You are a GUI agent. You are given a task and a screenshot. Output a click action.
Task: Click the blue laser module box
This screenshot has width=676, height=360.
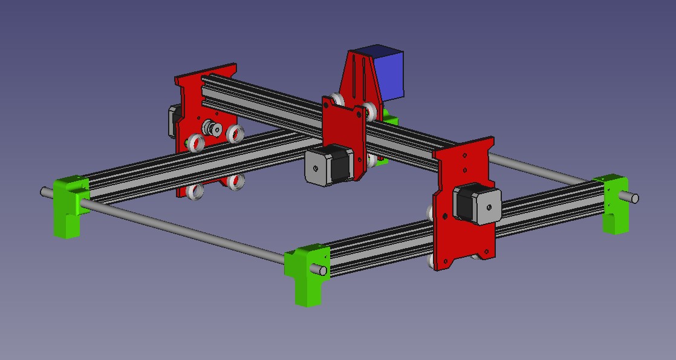coord(387,74)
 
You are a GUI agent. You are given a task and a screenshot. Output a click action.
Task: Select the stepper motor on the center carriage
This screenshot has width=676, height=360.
coord(330,165)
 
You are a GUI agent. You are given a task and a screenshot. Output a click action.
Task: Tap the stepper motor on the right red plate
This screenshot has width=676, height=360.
coord(478,205)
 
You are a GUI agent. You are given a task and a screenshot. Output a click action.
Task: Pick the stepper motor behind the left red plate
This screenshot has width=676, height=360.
coord(172,120)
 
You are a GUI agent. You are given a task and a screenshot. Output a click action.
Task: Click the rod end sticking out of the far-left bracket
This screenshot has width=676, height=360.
coord(45,192)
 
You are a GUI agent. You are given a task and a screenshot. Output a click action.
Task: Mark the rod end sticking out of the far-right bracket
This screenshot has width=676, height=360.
coord(634,197)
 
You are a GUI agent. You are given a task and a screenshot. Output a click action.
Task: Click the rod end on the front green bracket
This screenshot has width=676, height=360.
coord(323,270)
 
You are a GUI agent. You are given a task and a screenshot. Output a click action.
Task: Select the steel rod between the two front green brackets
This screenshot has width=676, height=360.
coord(181,232)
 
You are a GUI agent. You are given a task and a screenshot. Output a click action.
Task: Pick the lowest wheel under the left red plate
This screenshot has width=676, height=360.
coord(195,191)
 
